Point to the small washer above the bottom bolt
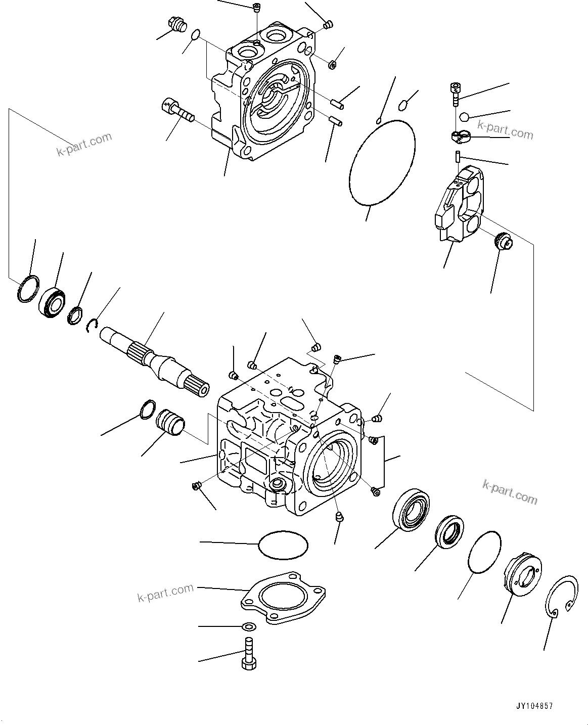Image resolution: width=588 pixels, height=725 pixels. (248, 627)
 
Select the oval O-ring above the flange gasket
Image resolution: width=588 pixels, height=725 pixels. (283, 545)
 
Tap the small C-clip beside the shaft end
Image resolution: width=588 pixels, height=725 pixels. (92, 326)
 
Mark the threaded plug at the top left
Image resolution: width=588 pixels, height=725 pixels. (176, 25)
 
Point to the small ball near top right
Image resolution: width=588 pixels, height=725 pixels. (464, 117)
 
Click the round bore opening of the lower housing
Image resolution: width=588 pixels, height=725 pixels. (332, 460)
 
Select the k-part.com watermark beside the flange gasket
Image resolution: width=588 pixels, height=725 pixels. (165, 593)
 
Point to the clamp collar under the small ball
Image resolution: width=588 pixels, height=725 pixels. (460, 135)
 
